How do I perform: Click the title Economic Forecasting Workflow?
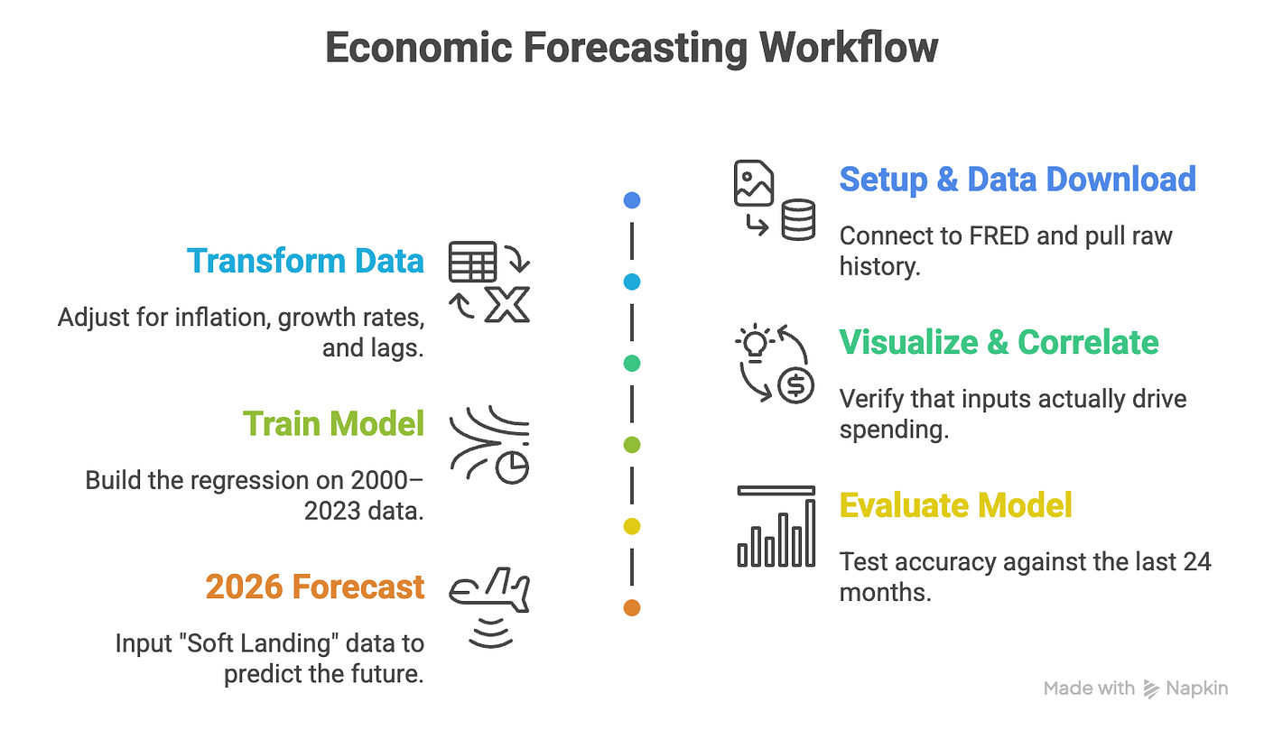(631, 48)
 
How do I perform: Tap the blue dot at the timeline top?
(632, 200)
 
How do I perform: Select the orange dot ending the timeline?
(632, 608)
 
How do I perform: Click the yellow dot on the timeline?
(632, 526)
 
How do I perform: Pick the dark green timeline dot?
(632, 364)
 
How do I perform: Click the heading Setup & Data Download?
(1018, 180)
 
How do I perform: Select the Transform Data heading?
(305, 261)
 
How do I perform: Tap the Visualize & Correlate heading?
(999, 342)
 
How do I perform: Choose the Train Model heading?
(333, 423)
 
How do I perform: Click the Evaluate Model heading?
(955, 505)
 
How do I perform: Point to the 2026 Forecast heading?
(314, 587)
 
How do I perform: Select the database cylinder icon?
(798, 219)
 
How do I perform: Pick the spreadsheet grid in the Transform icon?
(472, 262)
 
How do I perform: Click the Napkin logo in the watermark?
(1151, 688)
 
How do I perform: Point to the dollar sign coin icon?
(797, 385)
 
